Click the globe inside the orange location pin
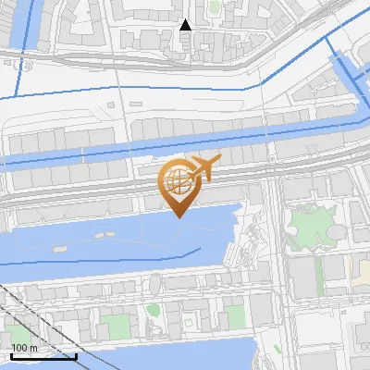pyautogui.click(x=177, y=180)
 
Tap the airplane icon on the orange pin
pyautogui.click(x=203, y=167)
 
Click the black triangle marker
pyautogui.click(x=186, y=25)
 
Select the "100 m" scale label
pyautogui.click(x=24, y=348)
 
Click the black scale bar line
pyautogui.click(x=43, y=356)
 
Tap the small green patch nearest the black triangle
pyautogui.click(x=215, y=7)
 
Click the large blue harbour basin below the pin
pyautogui.click(x=120, y=236)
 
